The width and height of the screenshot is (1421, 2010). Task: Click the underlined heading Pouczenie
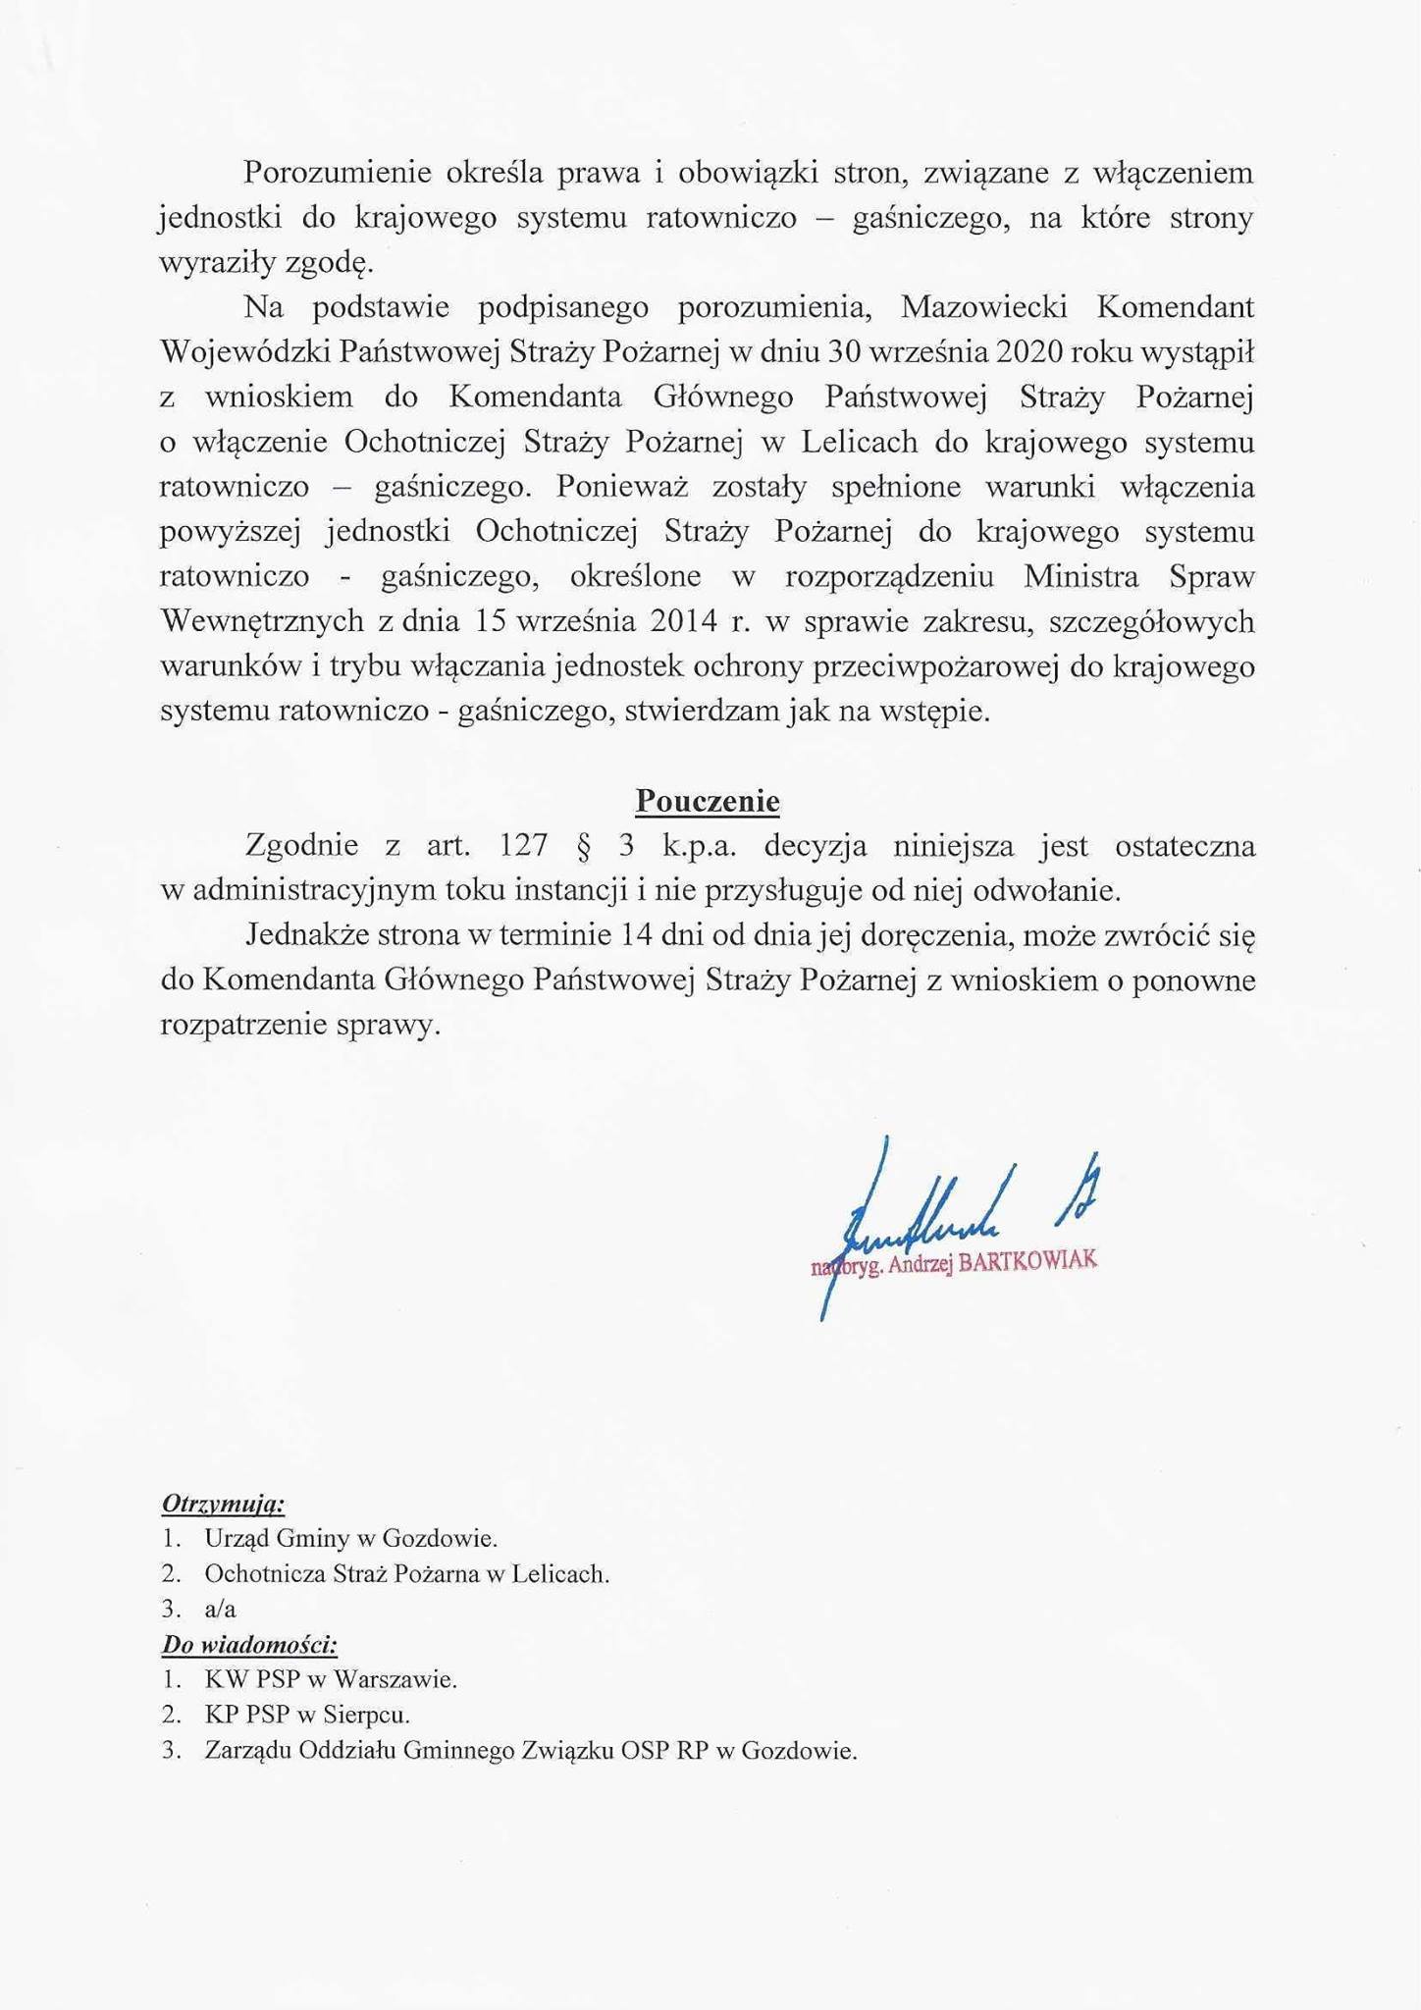tap(708, 801)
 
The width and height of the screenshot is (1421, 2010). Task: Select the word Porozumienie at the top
tap(338, 173)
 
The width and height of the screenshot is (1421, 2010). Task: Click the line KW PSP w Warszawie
tap(331, 1679)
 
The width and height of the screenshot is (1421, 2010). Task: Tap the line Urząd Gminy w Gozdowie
tap(350, 1539)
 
